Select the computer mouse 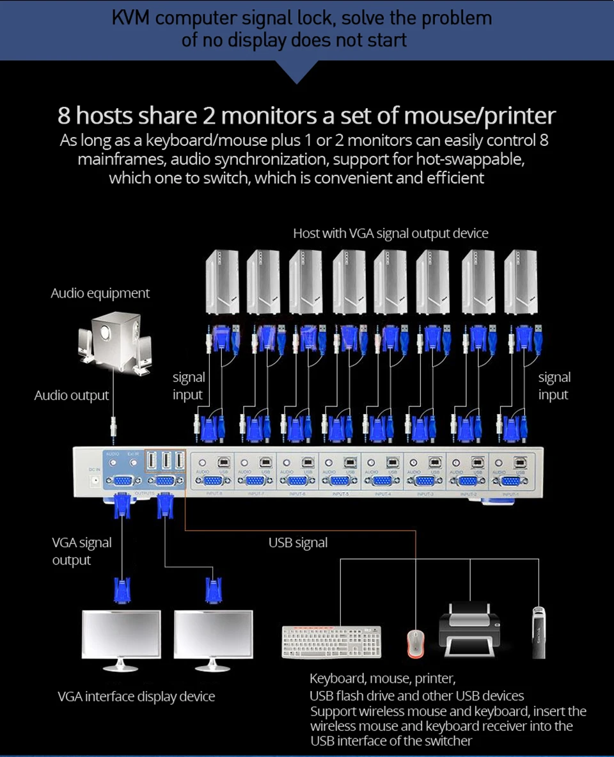point(416,642)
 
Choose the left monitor point(122,638)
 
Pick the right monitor point(214,638)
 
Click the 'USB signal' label point(298,543)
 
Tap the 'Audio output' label point(72,395)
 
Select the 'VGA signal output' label point(81,551)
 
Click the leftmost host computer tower point(221,282)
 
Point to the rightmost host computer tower point(520,282)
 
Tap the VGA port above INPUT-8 point(212,482)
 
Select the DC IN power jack point(95,478)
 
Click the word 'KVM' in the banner point(132,17)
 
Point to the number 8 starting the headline point(64,116)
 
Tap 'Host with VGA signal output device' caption point(390,234)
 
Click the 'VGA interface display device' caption point(136,697)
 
